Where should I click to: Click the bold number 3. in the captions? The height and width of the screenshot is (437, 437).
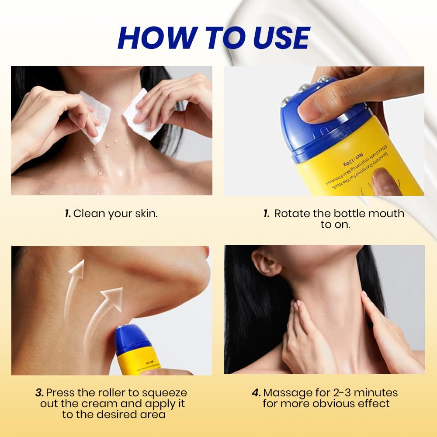click(x=40, y=392)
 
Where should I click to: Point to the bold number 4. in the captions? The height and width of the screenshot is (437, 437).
click(x=257, y=392)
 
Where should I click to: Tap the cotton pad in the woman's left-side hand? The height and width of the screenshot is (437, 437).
click(x=95, y=116)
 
